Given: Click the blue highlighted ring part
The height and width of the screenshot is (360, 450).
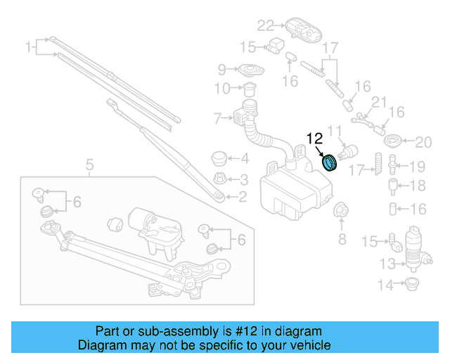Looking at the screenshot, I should pyautogui.click(x=329, y=162).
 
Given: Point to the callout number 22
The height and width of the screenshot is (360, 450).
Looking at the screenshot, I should pyautogui.click(x=264, y=26).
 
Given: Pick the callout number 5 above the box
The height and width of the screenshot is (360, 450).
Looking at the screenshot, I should pyautogui.click(x=89, y=166).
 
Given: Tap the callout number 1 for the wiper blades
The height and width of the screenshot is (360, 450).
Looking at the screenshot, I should pyautogui.click(x=30, y=48).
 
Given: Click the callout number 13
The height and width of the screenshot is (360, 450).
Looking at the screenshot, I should pyautogui.click(x=387, y=264).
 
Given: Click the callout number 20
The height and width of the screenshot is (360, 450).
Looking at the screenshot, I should pyautogui.click(x=423, y=143).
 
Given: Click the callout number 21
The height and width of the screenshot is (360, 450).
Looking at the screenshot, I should pyautogui.click(x=380, y=103).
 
